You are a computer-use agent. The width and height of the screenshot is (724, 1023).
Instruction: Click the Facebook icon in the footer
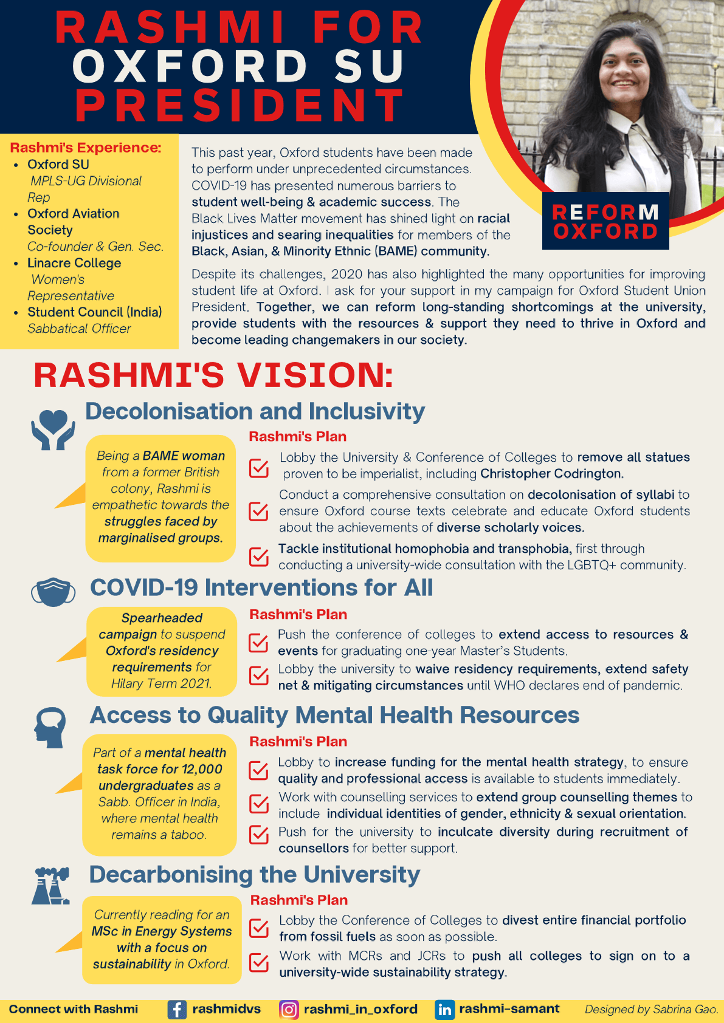pyautogui.click(x=177, y=1010)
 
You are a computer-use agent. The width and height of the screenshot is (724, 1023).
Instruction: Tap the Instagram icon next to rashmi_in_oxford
pyautogui.click(x=288, y=1010)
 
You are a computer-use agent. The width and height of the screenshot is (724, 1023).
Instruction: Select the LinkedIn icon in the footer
pyautogui.click(x=444, y=1010)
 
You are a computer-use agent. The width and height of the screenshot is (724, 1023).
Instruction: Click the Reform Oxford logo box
pyautogui.click(x=605, y=221)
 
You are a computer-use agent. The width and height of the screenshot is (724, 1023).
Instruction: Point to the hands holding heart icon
pyautogui.click(x=53, y=429)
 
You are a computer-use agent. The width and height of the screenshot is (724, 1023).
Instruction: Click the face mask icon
pyautogui.click(x=53, y=592)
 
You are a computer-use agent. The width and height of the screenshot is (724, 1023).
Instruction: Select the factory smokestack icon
pyautogui.click(x=50, y=886)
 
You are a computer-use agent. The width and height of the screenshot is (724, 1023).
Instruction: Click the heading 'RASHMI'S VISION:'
pyautogui.click(x=213, y=375)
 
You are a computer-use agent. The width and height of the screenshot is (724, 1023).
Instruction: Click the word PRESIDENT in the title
pyautogui.click(x=240, y=106)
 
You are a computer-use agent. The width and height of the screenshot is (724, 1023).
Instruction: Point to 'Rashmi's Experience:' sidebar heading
pyautogui.click(x=86, y=148)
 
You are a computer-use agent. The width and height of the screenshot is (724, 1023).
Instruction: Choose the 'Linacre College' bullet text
pyautogui.click(x=74, y=263)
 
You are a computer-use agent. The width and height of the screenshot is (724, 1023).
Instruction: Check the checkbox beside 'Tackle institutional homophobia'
pyautogui.click(x=259, y=556)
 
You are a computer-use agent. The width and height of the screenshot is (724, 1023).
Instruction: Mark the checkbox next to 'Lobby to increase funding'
pyautogui.click(x=259, y=770)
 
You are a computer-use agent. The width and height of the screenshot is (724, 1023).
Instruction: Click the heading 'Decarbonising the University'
pyautogui.click(x=255, y=875)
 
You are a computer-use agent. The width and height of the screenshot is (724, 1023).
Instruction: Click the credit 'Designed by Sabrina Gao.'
pyautogui.click(x=651, y=1010)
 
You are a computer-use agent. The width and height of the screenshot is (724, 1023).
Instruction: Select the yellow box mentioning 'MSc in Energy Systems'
pyautogui.click(x=162, y=939)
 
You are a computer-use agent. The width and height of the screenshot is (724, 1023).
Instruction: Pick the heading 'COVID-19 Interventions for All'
pyautogui.click(x=261, y=588)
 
